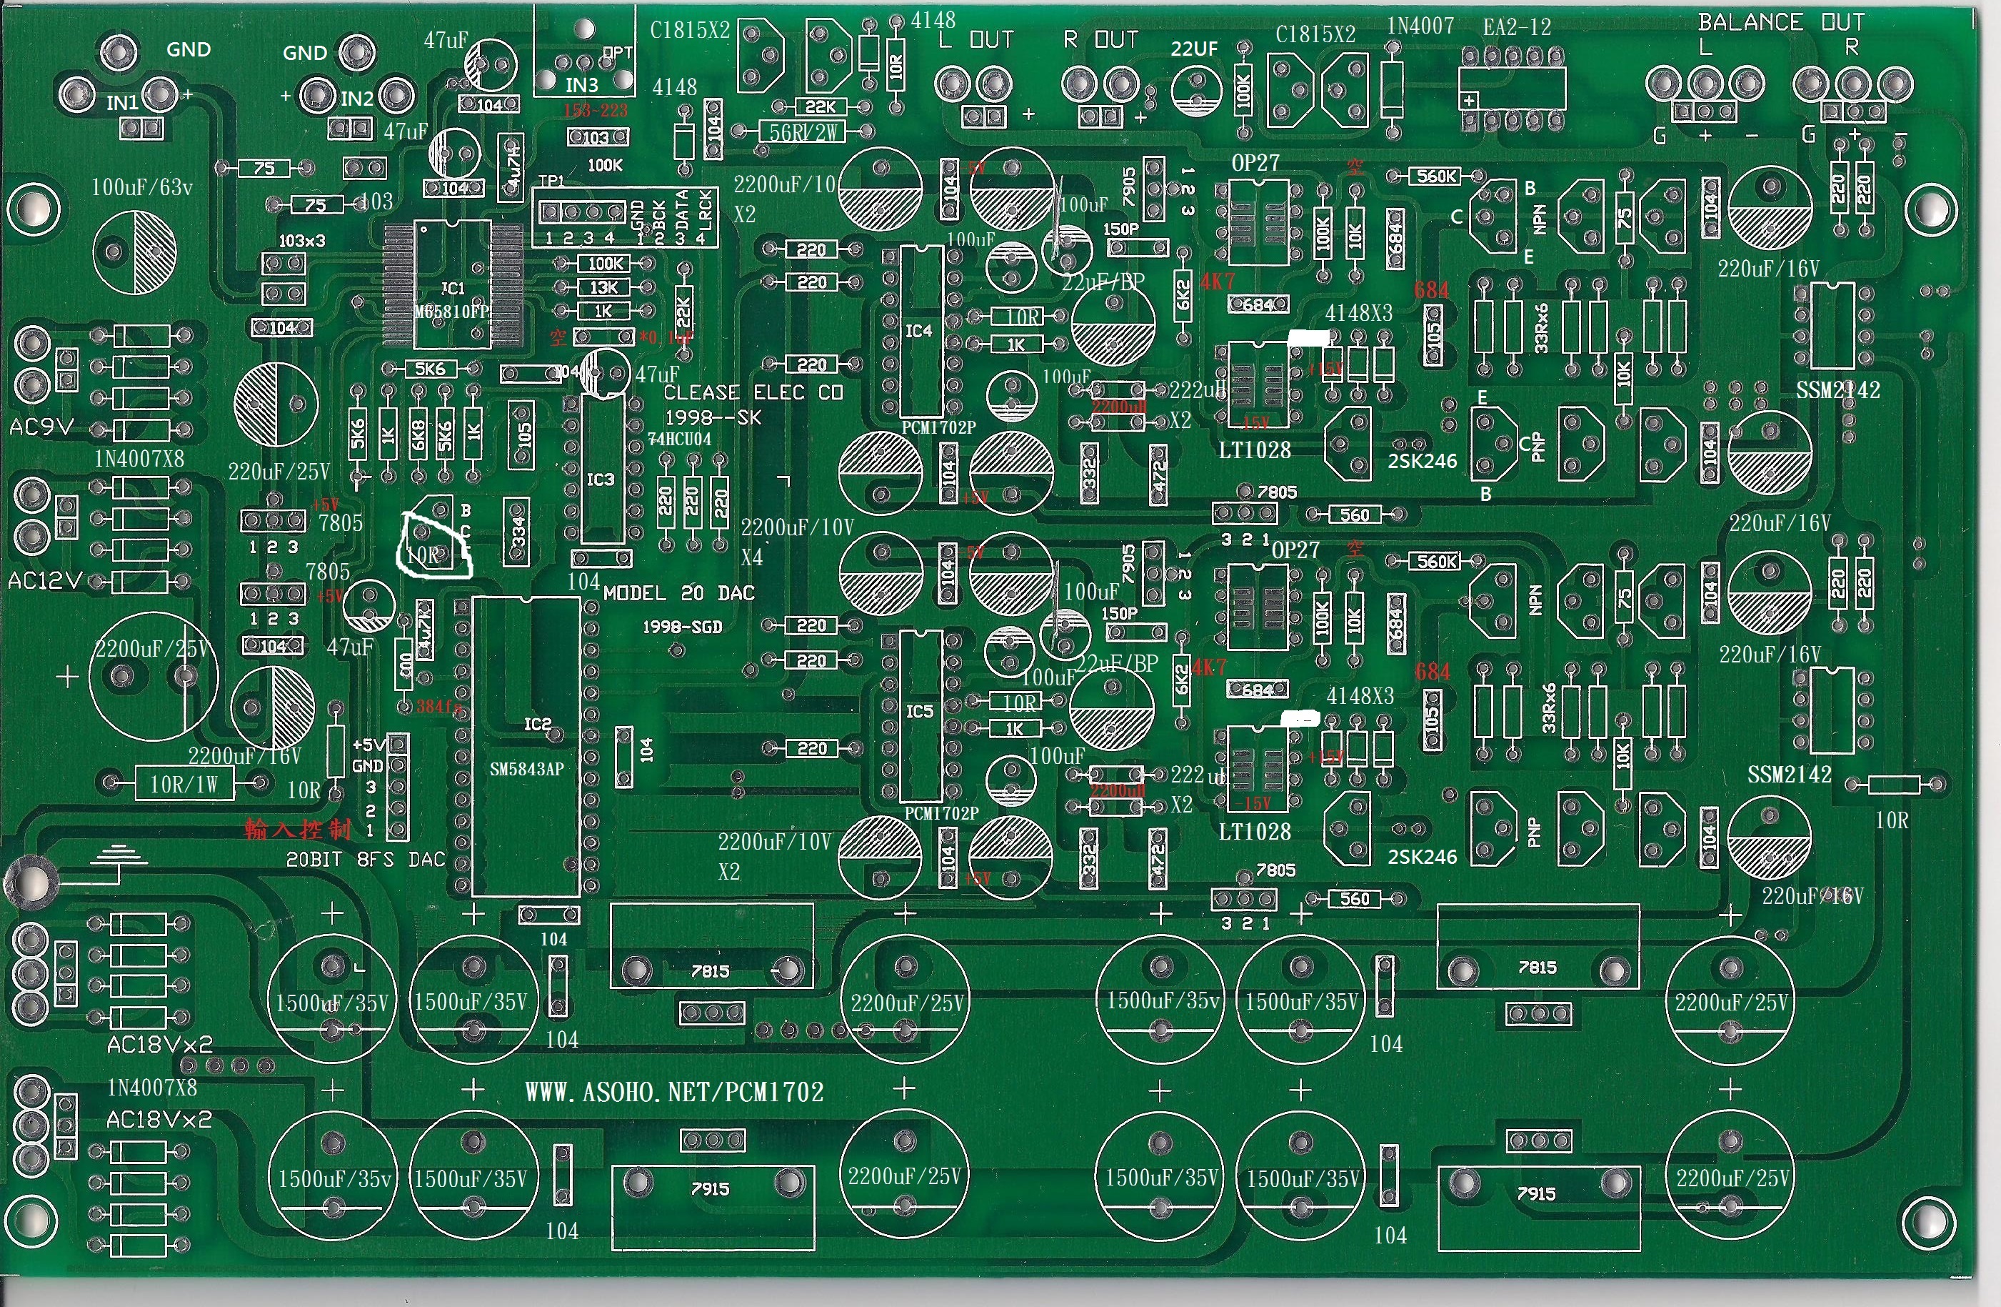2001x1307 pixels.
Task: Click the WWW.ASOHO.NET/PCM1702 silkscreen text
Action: [674, 1092]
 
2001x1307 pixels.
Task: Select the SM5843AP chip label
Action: [526, 769]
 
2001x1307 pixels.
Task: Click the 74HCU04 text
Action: [679, 439]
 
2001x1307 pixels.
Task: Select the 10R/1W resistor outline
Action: [184, 785]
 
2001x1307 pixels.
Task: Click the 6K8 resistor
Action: [418, 434]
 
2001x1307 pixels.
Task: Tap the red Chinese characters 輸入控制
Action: [298, 830]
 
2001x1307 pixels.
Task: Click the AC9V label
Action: [41, 427]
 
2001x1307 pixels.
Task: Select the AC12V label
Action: [44, 580]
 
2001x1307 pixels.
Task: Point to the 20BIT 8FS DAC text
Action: [365, 860]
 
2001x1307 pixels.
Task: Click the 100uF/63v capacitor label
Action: [142, 187]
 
